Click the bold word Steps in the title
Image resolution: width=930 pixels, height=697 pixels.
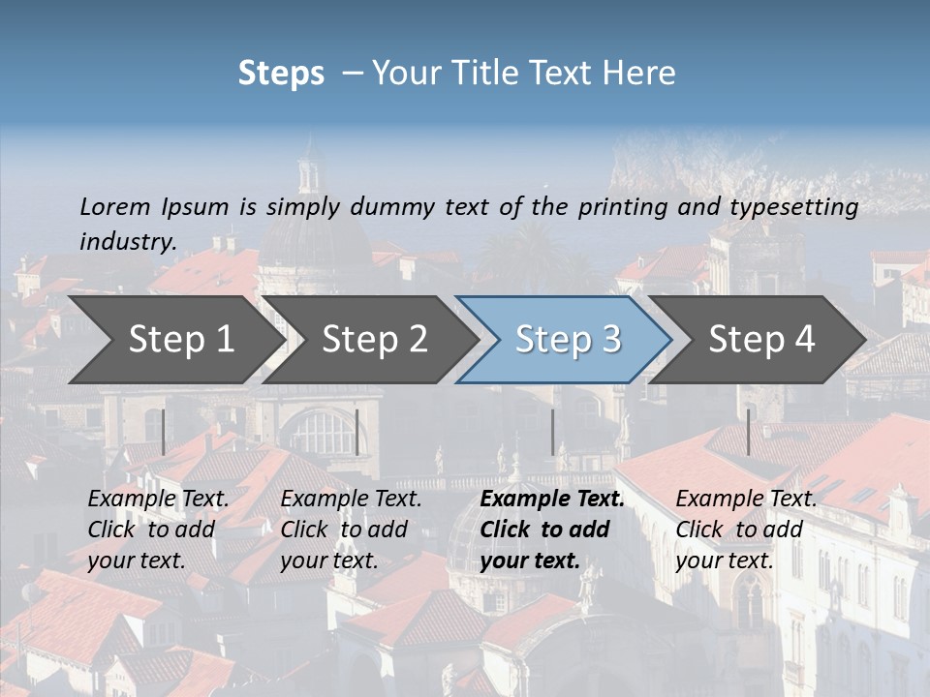[281, 74]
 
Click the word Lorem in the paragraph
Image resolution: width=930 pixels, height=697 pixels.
[115, 206]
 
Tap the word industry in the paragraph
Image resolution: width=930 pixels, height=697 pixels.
[128, 241]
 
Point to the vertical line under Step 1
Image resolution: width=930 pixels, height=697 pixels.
[163, 432]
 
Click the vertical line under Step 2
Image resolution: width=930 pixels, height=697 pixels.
[357, 432]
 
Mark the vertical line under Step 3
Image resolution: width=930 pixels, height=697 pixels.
[552, 432]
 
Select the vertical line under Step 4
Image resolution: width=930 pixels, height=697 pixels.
[748, 432]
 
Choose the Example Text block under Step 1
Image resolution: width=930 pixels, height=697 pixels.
[158, 530]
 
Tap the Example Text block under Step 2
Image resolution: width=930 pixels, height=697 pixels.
[351, 530]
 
